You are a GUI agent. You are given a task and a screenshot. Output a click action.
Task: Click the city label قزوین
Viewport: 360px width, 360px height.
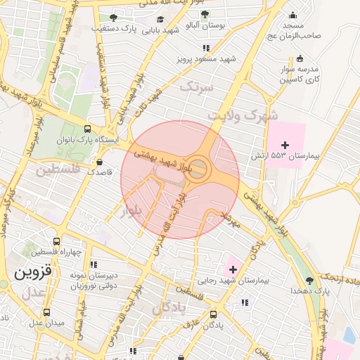33,270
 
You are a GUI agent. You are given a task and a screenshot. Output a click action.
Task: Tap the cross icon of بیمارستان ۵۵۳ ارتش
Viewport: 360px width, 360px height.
284,144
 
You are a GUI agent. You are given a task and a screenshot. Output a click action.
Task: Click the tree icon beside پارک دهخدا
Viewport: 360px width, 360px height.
309,280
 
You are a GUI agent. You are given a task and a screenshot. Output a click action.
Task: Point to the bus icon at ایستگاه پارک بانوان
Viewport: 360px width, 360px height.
86,129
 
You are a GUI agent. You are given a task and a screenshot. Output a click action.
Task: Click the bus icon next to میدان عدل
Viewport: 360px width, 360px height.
46,312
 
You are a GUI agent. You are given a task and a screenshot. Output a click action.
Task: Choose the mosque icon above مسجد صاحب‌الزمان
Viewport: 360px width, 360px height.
292,15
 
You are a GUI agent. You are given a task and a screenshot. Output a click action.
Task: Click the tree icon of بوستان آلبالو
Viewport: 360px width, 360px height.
205,14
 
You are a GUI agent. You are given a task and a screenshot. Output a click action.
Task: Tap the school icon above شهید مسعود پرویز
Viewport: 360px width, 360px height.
206,48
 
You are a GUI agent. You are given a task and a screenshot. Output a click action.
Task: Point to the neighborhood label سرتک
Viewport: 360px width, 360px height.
196,87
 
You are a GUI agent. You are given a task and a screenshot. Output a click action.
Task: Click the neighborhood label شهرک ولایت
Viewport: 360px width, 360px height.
246,115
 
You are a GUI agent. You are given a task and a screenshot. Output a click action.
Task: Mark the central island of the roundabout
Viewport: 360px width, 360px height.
199,169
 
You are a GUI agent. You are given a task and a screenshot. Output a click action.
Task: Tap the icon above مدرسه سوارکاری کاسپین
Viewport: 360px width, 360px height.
300,58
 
